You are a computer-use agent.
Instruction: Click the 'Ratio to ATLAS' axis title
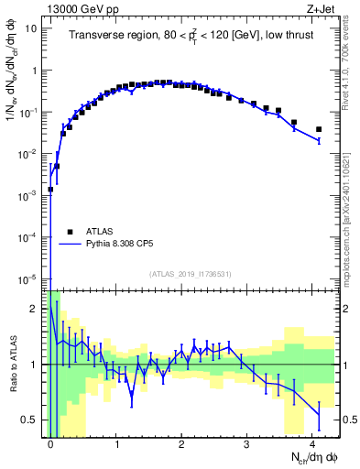[12, 364]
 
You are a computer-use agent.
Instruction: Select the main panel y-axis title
[12, 92]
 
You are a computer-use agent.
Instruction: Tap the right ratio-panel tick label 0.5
[347, 420]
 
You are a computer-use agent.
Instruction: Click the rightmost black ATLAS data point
[318, 129]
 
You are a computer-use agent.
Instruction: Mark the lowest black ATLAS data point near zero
[50, 190]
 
